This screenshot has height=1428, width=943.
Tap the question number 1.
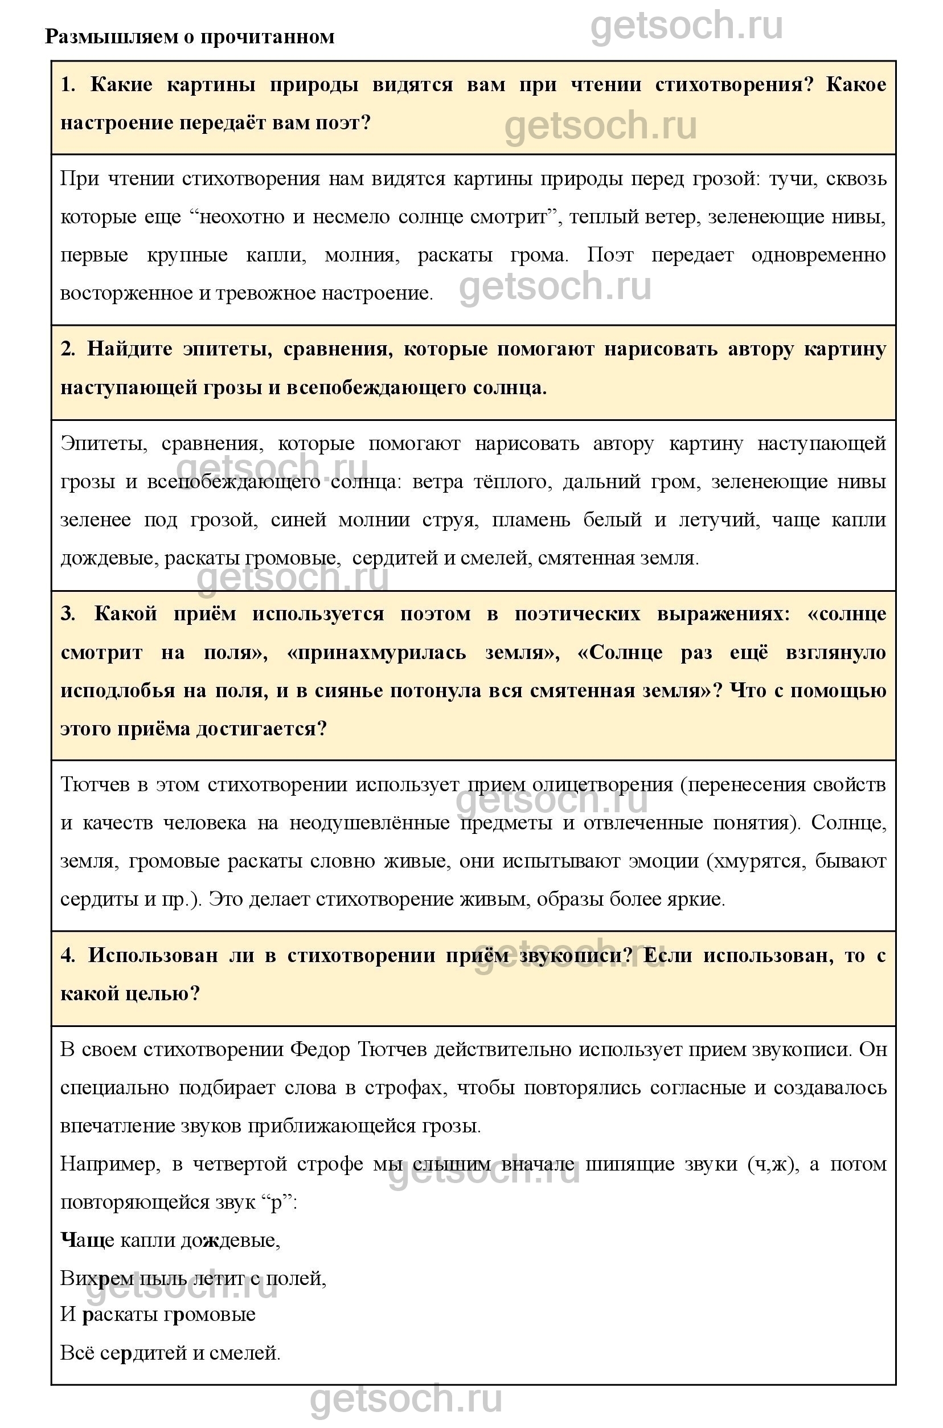[x=68, y=85]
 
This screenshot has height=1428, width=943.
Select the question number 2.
[x=67, y=349]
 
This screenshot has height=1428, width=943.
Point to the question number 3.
[x=68, y=614]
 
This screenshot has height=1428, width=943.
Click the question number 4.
[x=68, y=956]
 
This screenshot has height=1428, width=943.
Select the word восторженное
[x=120, y=293]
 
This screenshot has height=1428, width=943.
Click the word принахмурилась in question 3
[x=376, y=653]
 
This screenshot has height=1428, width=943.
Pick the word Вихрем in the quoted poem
[x=96, y=1278]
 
